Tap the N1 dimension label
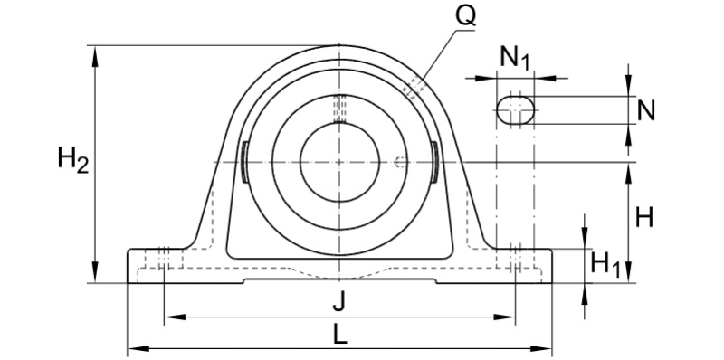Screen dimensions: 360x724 pos(515,59)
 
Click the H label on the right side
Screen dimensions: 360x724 pos(645,217)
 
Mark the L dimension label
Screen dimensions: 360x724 pos(338,334)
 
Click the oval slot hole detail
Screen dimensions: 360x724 pos(516,109)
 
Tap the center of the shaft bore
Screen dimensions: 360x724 pos(338,162)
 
